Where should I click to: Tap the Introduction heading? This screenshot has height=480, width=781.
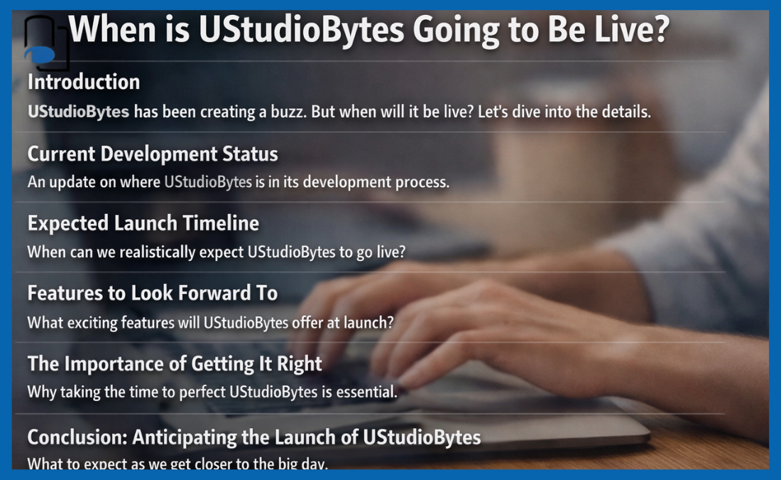(84, 82)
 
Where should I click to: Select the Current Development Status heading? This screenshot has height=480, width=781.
(153, 154)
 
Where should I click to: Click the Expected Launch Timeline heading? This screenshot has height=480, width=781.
(143, 223)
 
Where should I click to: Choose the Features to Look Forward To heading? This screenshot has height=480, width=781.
(153, 293)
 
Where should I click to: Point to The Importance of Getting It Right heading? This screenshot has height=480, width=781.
(175, 364)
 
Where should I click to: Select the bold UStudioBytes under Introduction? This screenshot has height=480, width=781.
(79, 112)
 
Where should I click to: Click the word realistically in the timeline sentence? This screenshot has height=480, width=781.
(148, 252)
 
